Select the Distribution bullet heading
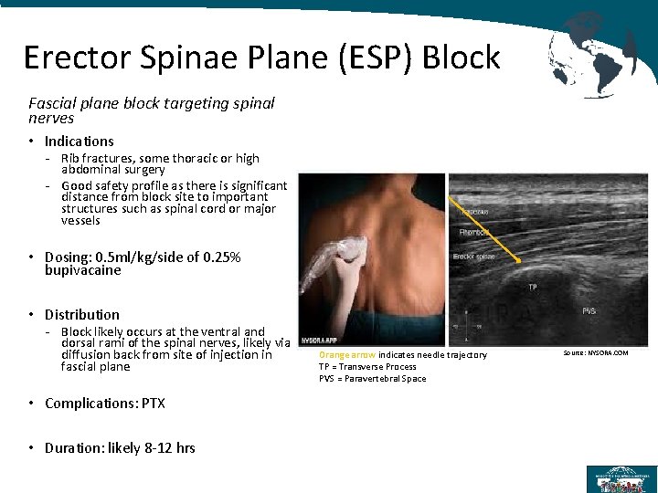pyautogui.click(x=82, y=315)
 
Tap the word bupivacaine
pyautogui.click(x=83, y=270)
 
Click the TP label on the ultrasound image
pyautogui.click(x=531, y=286)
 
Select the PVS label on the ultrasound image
pyautogui.click(x=589, y=311)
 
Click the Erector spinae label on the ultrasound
pyautogui.click(x=475, y=257)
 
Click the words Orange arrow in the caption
pyautogui.click(x=347, y=355)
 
